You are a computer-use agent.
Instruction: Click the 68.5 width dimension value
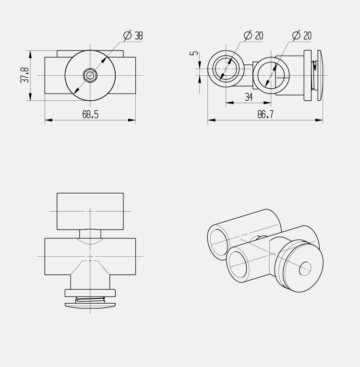pos(90,115)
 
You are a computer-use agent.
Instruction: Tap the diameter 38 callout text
pos(133,36)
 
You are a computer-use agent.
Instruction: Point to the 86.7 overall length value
pos(265,115)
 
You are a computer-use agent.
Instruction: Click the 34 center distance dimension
pos(249,97)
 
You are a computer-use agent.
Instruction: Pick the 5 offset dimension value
pos(194,53)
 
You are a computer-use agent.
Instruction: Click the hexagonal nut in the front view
pos(90,75)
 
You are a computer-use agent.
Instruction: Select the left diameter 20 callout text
pos(254,36)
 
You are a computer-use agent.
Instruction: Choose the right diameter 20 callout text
pos(302,36)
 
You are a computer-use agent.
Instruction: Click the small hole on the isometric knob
pos(305,269)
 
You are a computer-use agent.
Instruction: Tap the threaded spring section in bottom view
pos(90,301)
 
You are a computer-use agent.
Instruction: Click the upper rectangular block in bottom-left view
pos(90,211)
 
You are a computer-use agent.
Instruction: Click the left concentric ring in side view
pos(226,69)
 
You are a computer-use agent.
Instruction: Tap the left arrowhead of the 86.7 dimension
pos(211,120)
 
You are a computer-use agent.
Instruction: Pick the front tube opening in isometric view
pos(238,265)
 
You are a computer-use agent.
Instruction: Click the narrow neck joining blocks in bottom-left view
pos(90,234)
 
